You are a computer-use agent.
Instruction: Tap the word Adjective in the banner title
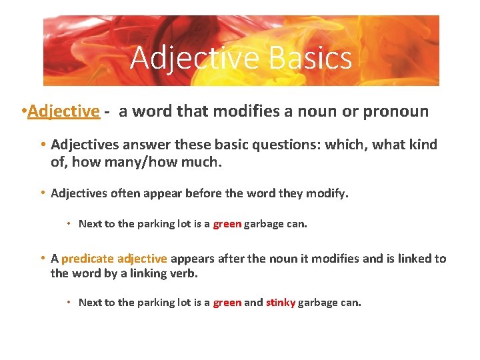click(x=195, y=57)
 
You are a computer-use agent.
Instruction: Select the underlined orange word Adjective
click(x=63, y=111)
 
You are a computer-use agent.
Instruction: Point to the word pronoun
click(x=395, y=111)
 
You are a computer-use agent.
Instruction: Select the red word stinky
click(x=281, y=303)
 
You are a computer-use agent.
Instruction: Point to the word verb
click(x=184, y=274)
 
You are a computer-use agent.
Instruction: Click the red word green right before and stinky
click(x=227, y=303)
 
